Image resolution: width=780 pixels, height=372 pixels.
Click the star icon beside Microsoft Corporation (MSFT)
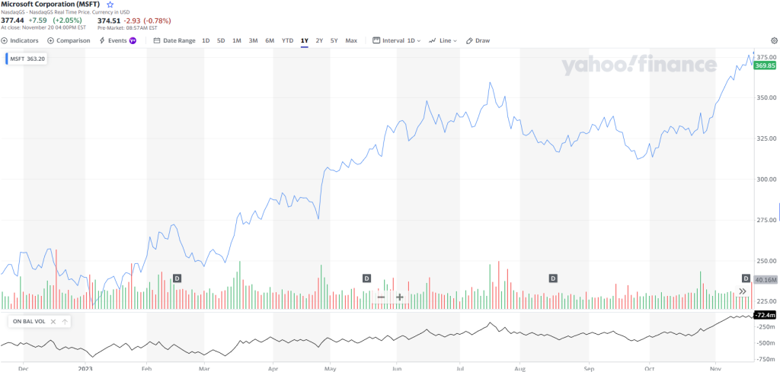tap(110, 5)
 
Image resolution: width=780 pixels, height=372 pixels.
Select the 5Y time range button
tap(334, 40)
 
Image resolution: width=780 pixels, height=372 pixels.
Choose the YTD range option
tap(287, 40)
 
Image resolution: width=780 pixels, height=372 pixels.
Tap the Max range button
tap(351, 40)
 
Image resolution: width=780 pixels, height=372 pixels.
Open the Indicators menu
tap(20, 40)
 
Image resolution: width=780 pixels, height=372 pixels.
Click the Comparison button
tap(69, 40)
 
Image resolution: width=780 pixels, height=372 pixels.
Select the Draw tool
tap(478, 40)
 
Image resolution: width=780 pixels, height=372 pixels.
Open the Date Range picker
tap(174, 40)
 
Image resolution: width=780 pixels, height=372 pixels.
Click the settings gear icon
tap(774, 40)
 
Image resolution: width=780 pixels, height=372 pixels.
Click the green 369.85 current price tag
tap(765, 66)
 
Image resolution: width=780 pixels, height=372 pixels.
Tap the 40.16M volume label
tap(765, 280)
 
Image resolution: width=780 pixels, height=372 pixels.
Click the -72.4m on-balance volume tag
tap(764, 315)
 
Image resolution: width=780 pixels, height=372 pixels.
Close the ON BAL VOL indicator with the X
tap(53, 322)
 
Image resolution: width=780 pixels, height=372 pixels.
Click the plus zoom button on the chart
tap(399, 297)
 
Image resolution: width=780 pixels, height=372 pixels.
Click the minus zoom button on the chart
tap(381, 297)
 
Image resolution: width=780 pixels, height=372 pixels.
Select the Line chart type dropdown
tap(443, 40)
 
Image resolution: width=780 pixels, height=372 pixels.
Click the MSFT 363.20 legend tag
tap(27, 58)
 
